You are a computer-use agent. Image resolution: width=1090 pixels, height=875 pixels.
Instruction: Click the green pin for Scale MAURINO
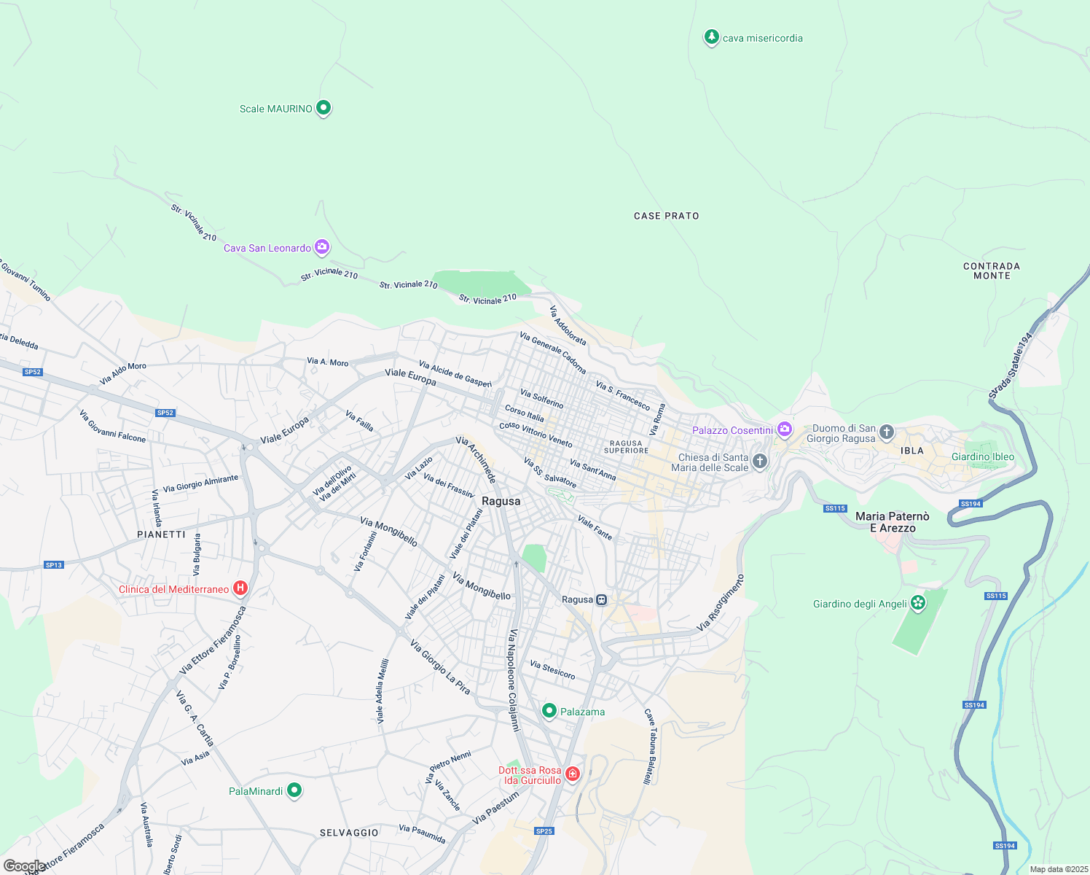[x=324, y=108]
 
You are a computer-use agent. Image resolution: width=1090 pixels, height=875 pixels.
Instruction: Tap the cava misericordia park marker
[x=711, y=37]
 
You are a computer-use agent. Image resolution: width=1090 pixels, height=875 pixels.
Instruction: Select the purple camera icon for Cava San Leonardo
[x=321, y=247]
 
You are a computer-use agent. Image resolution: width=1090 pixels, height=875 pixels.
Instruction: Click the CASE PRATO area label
[x=666, y=216]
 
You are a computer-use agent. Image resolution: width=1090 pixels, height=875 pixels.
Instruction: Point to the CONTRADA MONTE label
[x=992, y=271]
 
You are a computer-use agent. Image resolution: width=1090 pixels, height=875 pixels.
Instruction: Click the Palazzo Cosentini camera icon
[x=784, y=429]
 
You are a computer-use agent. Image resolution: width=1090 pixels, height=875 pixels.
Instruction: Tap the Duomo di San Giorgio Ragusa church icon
[x=886, y=432]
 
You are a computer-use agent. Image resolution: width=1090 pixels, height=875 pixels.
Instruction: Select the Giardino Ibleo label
[x=982, y=457]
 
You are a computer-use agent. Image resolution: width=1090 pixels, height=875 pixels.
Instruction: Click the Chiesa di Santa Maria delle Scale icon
[x=759, y=461]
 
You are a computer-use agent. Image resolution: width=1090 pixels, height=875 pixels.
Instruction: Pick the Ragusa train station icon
[x=601, y=599]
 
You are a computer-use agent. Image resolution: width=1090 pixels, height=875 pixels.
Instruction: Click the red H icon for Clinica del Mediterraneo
[x=240, y=588]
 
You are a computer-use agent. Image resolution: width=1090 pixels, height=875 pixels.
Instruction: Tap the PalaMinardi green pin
[x=294, y=790]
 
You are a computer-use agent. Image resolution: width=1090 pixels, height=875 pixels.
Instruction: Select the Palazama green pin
[x=549, y=711]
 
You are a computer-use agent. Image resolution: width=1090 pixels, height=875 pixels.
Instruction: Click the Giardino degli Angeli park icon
[x=918, y=603]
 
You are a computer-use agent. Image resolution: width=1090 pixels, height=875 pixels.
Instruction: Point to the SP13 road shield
[x=54, y=564]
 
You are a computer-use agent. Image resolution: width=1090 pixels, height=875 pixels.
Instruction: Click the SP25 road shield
[x=544, y=831]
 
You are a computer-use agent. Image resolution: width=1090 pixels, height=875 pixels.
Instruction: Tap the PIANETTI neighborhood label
[x=161, y=534]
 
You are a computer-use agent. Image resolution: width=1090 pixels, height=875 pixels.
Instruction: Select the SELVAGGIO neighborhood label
[x=349, y=833]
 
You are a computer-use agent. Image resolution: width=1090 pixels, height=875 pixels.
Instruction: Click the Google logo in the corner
[x=24, y=866]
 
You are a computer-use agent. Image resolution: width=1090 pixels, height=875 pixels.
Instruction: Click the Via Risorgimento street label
[x=720, y=603]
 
